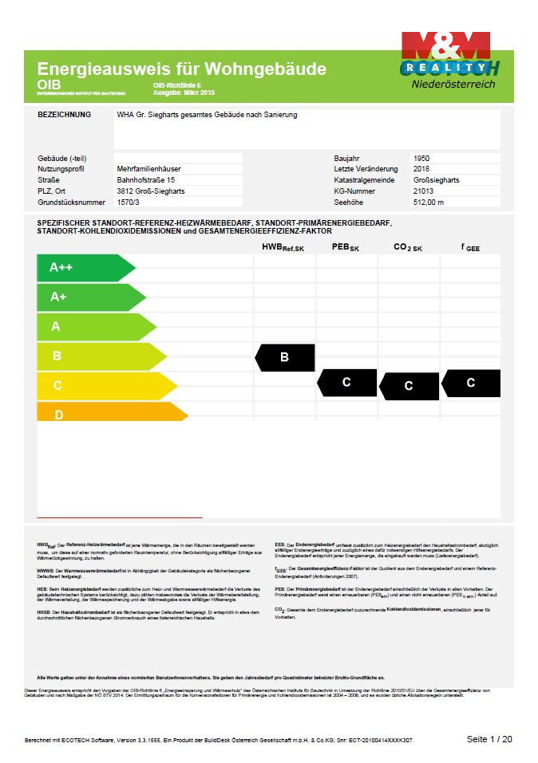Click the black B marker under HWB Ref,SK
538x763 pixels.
[x=285, y=358]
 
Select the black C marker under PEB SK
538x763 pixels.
[x=347, y=383]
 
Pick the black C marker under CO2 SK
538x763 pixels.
[x=409, y=386]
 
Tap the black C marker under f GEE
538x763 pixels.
[x=471, y=383]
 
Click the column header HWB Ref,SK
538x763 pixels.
[x=283, y=248]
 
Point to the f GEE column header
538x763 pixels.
[x=471, y=248]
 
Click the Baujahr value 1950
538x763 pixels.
[x=421, y=158]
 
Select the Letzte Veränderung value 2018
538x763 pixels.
[x=421, y=169]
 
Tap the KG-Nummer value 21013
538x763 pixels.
[x=424, y=191]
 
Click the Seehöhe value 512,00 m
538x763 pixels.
[x=429, y=203]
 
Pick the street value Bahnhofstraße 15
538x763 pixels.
[x=146, y=180]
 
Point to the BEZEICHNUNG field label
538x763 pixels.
[x=65, y=115]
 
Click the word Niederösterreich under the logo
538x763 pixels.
[x=453, y=84]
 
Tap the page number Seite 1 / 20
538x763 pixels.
[x=489, y=739]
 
